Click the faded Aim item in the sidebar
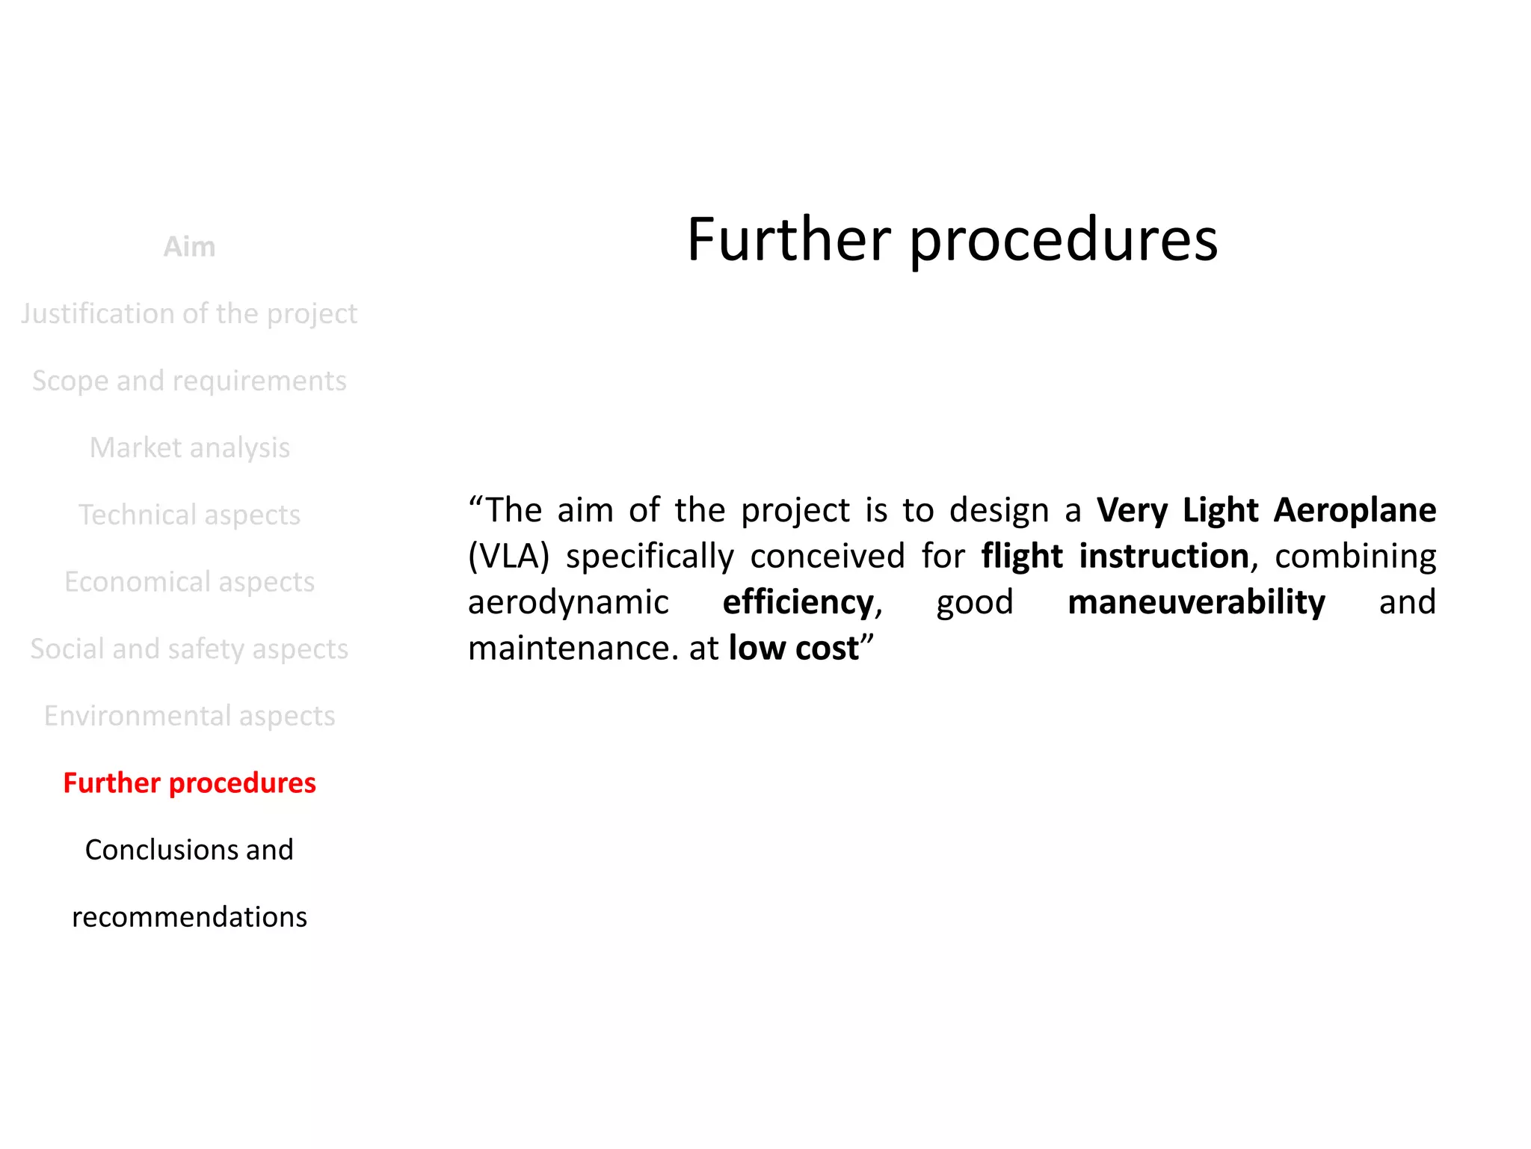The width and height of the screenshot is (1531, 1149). pos(189,247)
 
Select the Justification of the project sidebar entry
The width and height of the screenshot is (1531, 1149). pos(189,313)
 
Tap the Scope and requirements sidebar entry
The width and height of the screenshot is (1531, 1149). pos(189,381)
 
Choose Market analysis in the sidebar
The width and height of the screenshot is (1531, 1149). pos(189,447)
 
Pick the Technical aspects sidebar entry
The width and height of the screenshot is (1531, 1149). pos(189,515)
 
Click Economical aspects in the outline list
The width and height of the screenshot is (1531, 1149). pos(189,581)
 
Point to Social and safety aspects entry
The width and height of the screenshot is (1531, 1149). pos(189,649)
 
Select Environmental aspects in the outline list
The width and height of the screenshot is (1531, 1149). pos(189,716)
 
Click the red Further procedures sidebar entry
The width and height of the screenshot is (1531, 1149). pos(189,782)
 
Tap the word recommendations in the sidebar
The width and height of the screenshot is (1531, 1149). pos(189,916)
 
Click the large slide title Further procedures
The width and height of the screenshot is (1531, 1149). pos(952,239)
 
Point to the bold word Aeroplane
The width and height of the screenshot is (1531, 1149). pos(1355,510)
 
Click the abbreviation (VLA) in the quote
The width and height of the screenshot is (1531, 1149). pos(508,557)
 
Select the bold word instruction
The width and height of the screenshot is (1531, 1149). pos(1164,557)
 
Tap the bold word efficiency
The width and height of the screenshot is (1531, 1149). pos(798,602)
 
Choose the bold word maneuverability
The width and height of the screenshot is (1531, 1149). pos(1196,602)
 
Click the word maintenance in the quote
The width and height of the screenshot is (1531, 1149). pos(567,649)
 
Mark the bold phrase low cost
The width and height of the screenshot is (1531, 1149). pos(793,649)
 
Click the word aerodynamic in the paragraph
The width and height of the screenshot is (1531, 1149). pos(568,603)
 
